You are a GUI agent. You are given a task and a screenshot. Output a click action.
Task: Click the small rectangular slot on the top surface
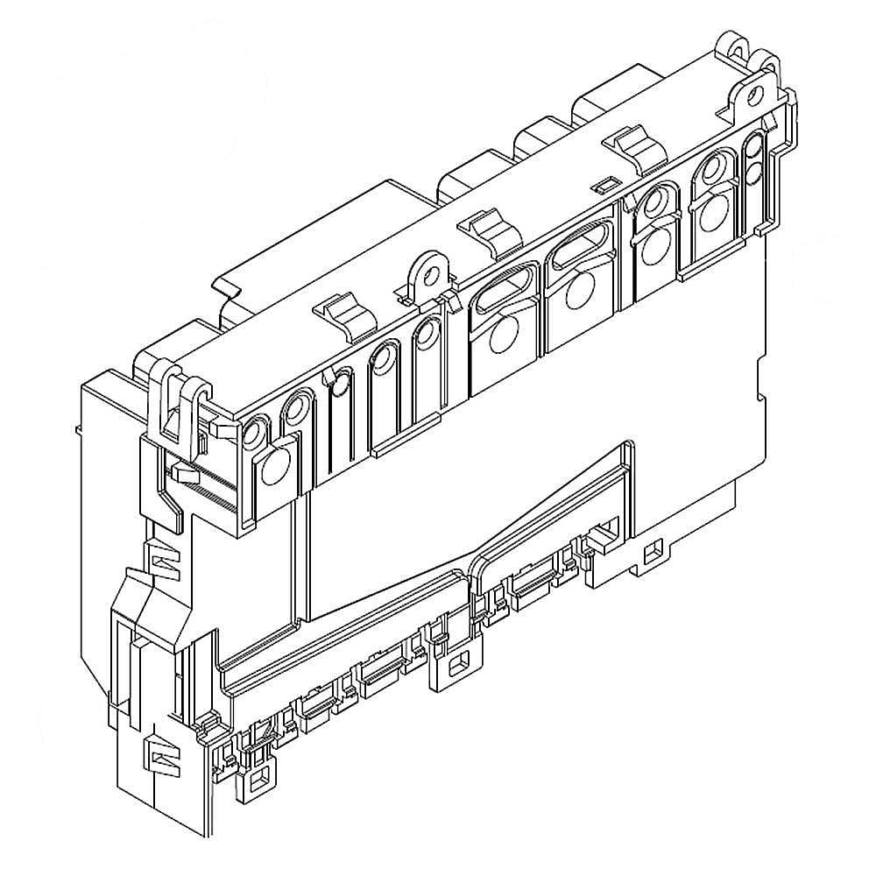601,186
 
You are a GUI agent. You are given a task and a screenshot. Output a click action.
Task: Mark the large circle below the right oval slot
579,292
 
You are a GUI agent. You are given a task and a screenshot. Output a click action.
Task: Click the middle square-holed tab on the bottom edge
455,668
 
